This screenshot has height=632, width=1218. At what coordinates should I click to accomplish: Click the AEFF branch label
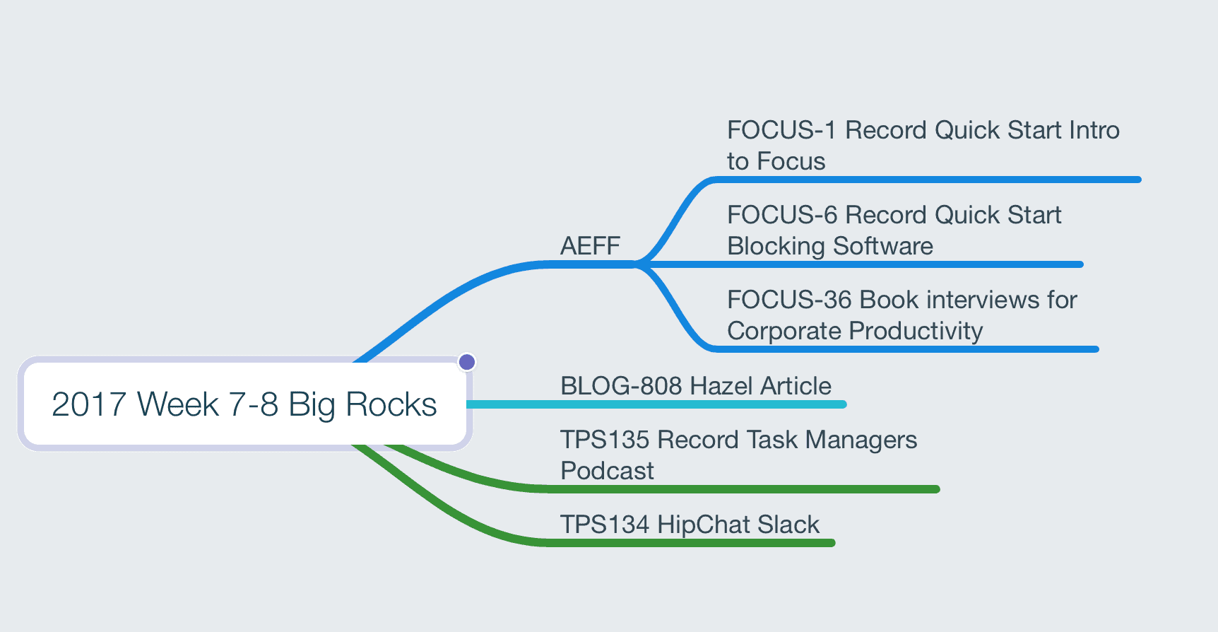point(590,246)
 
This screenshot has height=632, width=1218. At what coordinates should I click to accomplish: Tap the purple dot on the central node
point(467,362)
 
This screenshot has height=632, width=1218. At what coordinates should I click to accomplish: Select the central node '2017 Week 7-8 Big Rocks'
point(244,404)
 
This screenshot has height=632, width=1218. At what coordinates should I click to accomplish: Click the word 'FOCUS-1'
point(781,130)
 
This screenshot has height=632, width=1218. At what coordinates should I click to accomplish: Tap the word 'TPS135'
point(605,440)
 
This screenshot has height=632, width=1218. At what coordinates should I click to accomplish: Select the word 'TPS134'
point(605,525)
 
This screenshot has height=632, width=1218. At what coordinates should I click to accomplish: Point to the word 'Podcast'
point(608,471)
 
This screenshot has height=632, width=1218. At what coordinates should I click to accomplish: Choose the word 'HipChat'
point(703,525)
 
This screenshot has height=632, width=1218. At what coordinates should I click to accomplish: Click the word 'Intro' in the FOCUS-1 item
point(1094,130)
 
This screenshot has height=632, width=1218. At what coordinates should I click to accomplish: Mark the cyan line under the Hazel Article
point(656,404)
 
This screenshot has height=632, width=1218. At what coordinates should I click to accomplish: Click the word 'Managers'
point(861,440)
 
